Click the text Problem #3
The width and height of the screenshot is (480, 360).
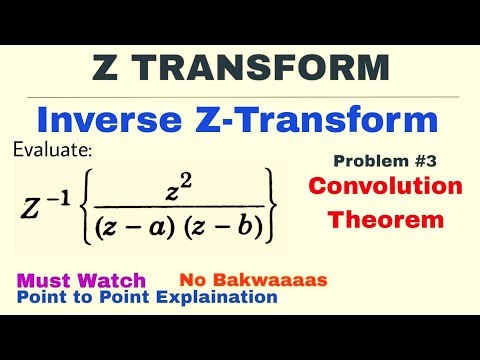click(385, 161)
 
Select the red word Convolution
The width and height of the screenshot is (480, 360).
click(385, 187)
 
